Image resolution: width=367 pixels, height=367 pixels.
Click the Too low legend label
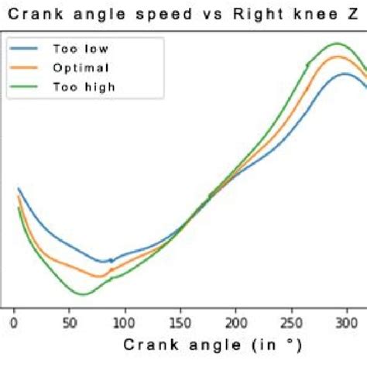81,48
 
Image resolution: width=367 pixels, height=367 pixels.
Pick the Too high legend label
84,87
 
